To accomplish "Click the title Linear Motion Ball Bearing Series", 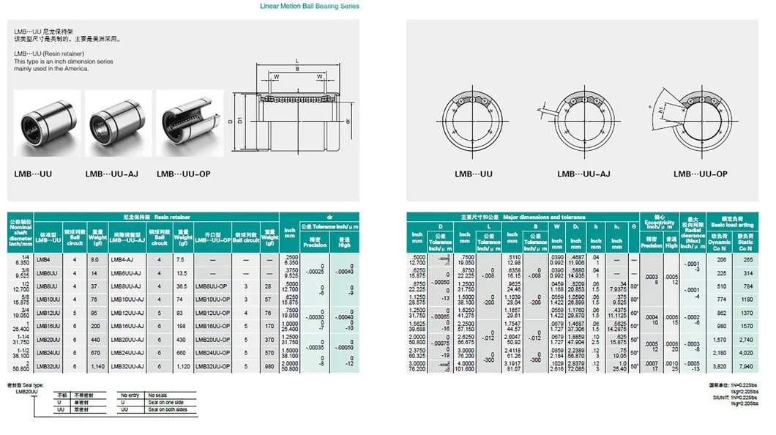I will click(310, 6).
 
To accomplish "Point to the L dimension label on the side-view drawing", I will click(296, 61).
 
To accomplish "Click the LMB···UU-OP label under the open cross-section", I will click(701, 174).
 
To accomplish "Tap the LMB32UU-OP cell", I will click(212, 365).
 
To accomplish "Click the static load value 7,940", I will click(747, 365).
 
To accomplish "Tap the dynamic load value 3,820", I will click(720, 365).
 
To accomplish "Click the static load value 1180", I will click(747, 299).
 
